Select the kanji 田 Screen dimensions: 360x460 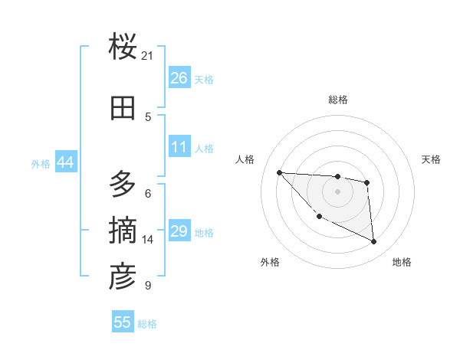pos(123,109)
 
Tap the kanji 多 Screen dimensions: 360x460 pos(123,185)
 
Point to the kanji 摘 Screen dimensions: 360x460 pos(123,231)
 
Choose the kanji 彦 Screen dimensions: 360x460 pos(123,277)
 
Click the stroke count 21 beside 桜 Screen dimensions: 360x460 pos(148,55)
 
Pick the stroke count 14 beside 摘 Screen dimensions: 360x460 pos(148,240)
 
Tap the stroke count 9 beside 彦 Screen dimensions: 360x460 pos(147,286)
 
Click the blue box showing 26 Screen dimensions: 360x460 pos(179,78)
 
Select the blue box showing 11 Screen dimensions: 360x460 pos(179,147)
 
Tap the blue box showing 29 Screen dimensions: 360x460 pos(179,232)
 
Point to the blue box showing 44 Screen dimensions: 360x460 pos(65,162)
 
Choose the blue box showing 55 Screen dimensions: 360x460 pos(123,322)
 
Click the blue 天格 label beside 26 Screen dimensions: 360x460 pos(204,79)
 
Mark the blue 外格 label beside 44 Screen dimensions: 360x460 pos(41,163)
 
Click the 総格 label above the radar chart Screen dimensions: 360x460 pos(337,100)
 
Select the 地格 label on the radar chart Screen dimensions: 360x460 pos(402,262)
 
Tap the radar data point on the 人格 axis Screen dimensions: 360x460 pos(279,172)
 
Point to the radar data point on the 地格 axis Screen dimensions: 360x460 pos(374,242)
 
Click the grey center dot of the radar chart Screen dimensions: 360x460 pos(337,191)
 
